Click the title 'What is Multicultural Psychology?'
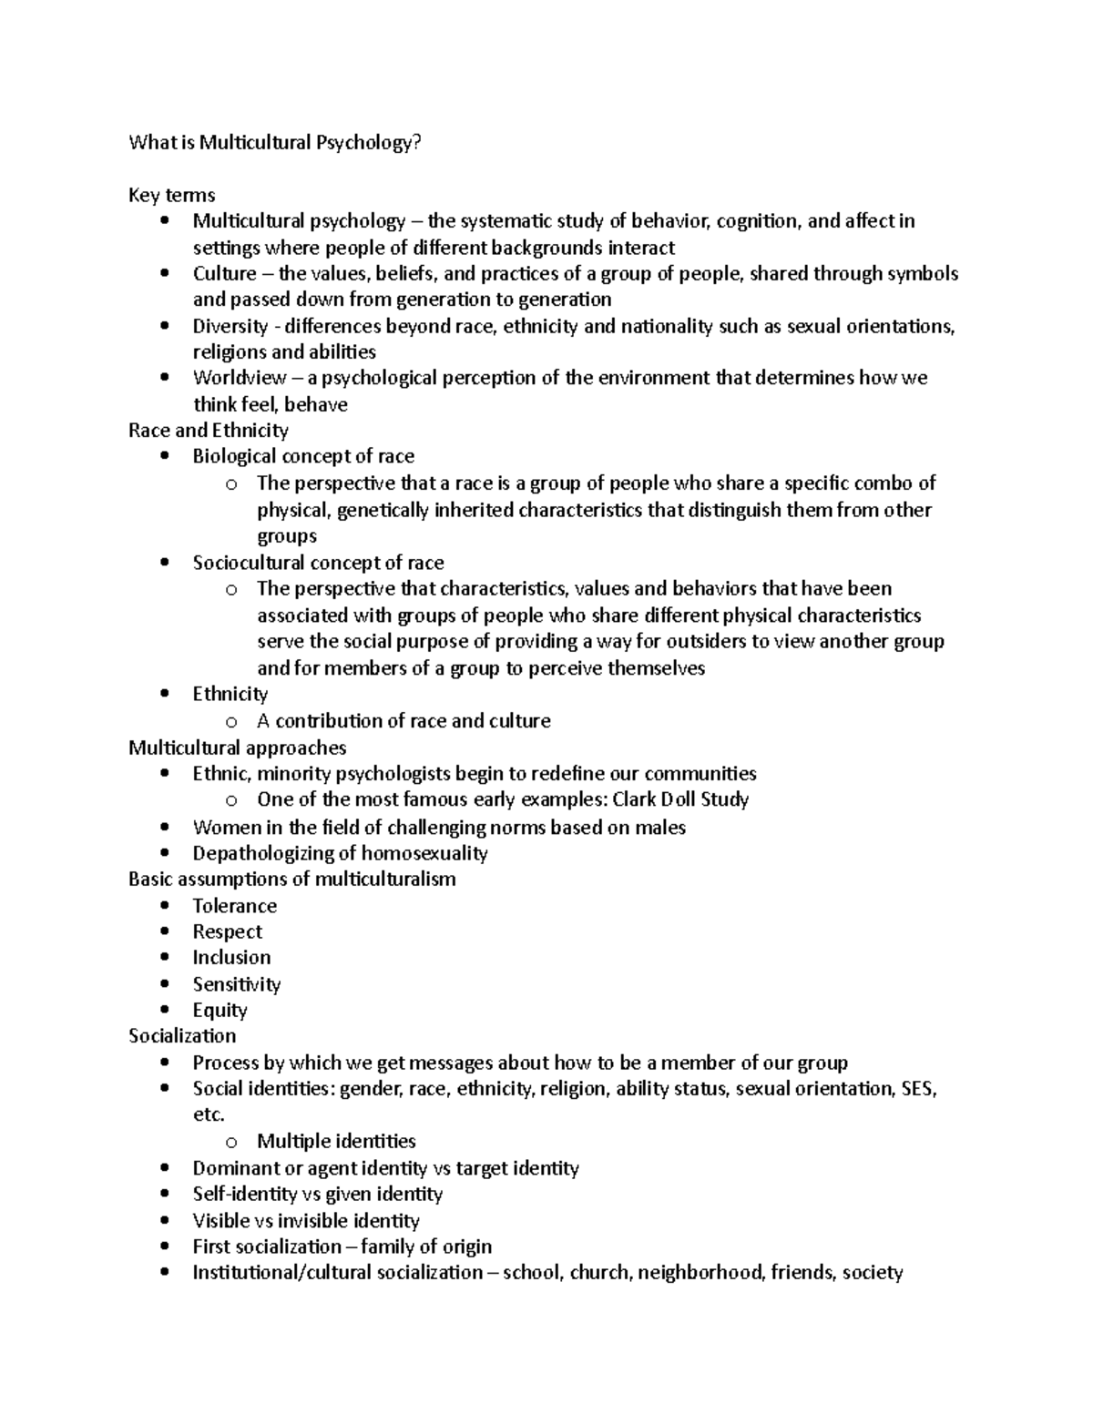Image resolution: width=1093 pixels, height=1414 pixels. coord(275,142)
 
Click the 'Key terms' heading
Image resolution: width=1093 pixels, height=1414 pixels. coord(171,195)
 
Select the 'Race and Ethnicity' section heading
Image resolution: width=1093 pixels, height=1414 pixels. coord(208,430)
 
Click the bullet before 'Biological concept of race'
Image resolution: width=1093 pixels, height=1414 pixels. coord(164,457)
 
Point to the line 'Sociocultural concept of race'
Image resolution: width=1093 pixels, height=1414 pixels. coord(318,563)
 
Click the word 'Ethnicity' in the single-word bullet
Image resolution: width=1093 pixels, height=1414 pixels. coord(230,694)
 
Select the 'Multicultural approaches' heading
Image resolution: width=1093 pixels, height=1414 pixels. coord(237,748)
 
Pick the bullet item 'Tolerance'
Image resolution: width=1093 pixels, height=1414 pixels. coord(234,906)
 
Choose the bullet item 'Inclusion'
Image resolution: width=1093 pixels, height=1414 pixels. coord(231,958)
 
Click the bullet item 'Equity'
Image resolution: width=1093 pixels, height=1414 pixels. coord(220,1010)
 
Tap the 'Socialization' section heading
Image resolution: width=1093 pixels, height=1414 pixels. coord(182,1036)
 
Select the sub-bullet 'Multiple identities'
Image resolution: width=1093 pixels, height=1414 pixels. coord(336,1142)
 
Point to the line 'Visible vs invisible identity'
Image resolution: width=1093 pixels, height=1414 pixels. coord(305,1221)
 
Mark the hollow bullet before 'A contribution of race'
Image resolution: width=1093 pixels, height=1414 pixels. coord(231,722)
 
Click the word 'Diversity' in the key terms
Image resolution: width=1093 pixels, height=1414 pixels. coord(230,326)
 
